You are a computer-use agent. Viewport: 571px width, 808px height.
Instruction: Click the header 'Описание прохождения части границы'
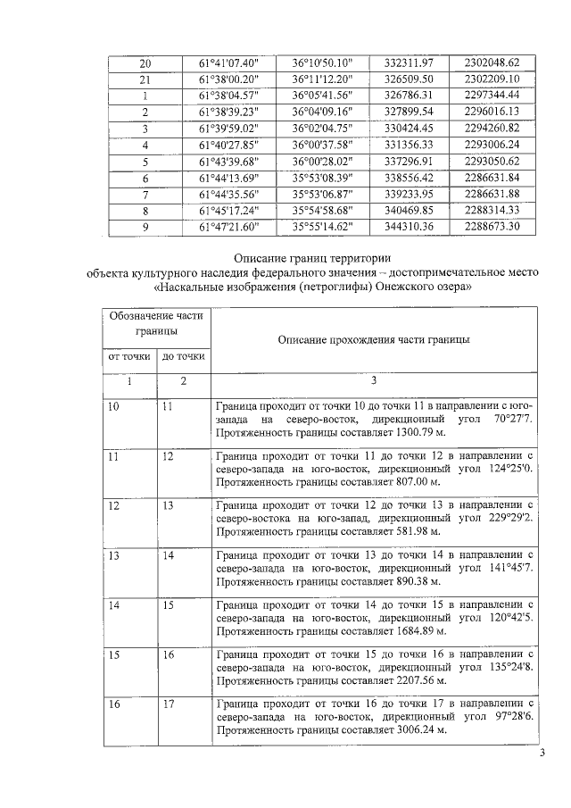374,339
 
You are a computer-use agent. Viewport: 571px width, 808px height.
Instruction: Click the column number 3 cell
374,381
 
